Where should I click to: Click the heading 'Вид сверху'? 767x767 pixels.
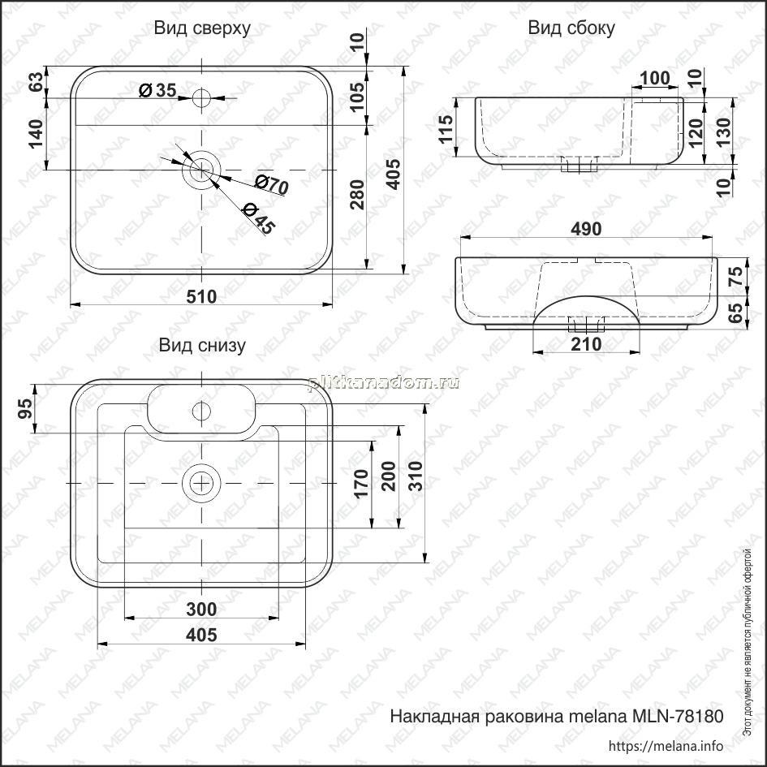click(x=202, y=28)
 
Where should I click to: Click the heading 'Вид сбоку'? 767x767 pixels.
click(x=571, y=28)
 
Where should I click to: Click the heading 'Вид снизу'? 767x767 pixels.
click(x=202, y=345)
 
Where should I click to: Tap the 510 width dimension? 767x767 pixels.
click(x=201, y=296)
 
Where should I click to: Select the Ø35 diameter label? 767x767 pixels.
click(x=157, y=90)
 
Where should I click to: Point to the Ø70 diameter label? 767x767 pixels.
click(x=271, y=184)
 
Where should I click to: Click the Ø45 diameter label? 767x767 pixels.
click(x=259, y=218)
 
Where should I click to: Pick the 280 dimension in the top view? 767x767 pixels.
click(x=358, y=194)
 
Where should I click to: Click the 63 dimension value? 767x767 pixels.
click(x=36, y=82)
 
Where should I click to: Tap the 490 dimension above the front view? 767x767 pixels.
click(x=586, y=229)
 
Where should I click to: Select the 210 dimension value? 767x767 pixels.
click(x=586, y=344)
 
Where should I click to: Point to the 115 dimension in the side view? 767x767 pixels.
click(x=446, y=129)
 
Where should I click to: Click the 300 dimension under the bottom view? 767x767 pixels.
click(x=201, y=610)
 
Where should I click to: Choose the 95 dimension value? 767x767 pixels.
click(x=25, y=408)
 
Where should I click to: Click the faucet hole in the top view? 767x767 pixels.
click(x=201, y=98)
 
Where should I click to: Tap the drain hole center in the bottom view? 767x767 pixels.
click(x=201, y=483)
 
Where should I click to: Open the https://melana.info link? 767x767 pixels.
click(x=666, y=746)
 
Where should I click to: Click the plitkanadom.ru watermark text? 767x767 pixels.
click(x=383, y=383)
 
